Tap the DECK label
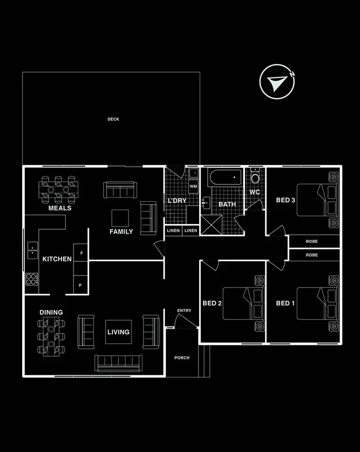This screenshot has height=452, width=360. (x=114, y=119)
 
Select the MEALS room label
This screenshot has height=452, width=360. (x=59, y=208)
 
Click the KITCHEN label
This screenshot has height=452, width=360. (x=57, y=259)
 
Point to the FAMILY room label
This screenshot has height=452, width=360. (x=121, y=232)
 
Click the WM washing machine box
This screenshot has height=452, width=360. (x=193, y=186)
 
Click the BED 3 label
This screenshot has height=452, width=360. (x=285, y=200)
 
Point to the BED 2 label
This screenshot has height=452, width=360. (x=212, y=303)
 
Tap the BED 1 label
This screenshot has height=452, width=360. (x=286, y=303)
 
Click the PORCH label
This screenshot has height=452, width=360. (x=182, y=358)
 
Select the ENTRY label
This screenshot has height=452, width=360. (x=184, y=311)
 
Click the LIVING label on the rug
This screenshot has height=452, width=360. (x=118, y=332)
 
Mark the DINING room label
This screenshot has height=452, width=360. (x=51, y=312)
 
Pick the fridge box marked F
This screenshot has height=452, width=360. (x=81, y=252)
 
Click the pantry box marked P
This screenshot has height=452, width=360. (x=80, y=285)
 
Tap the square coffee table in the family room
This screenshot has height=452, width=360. (x=120, y=217)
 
